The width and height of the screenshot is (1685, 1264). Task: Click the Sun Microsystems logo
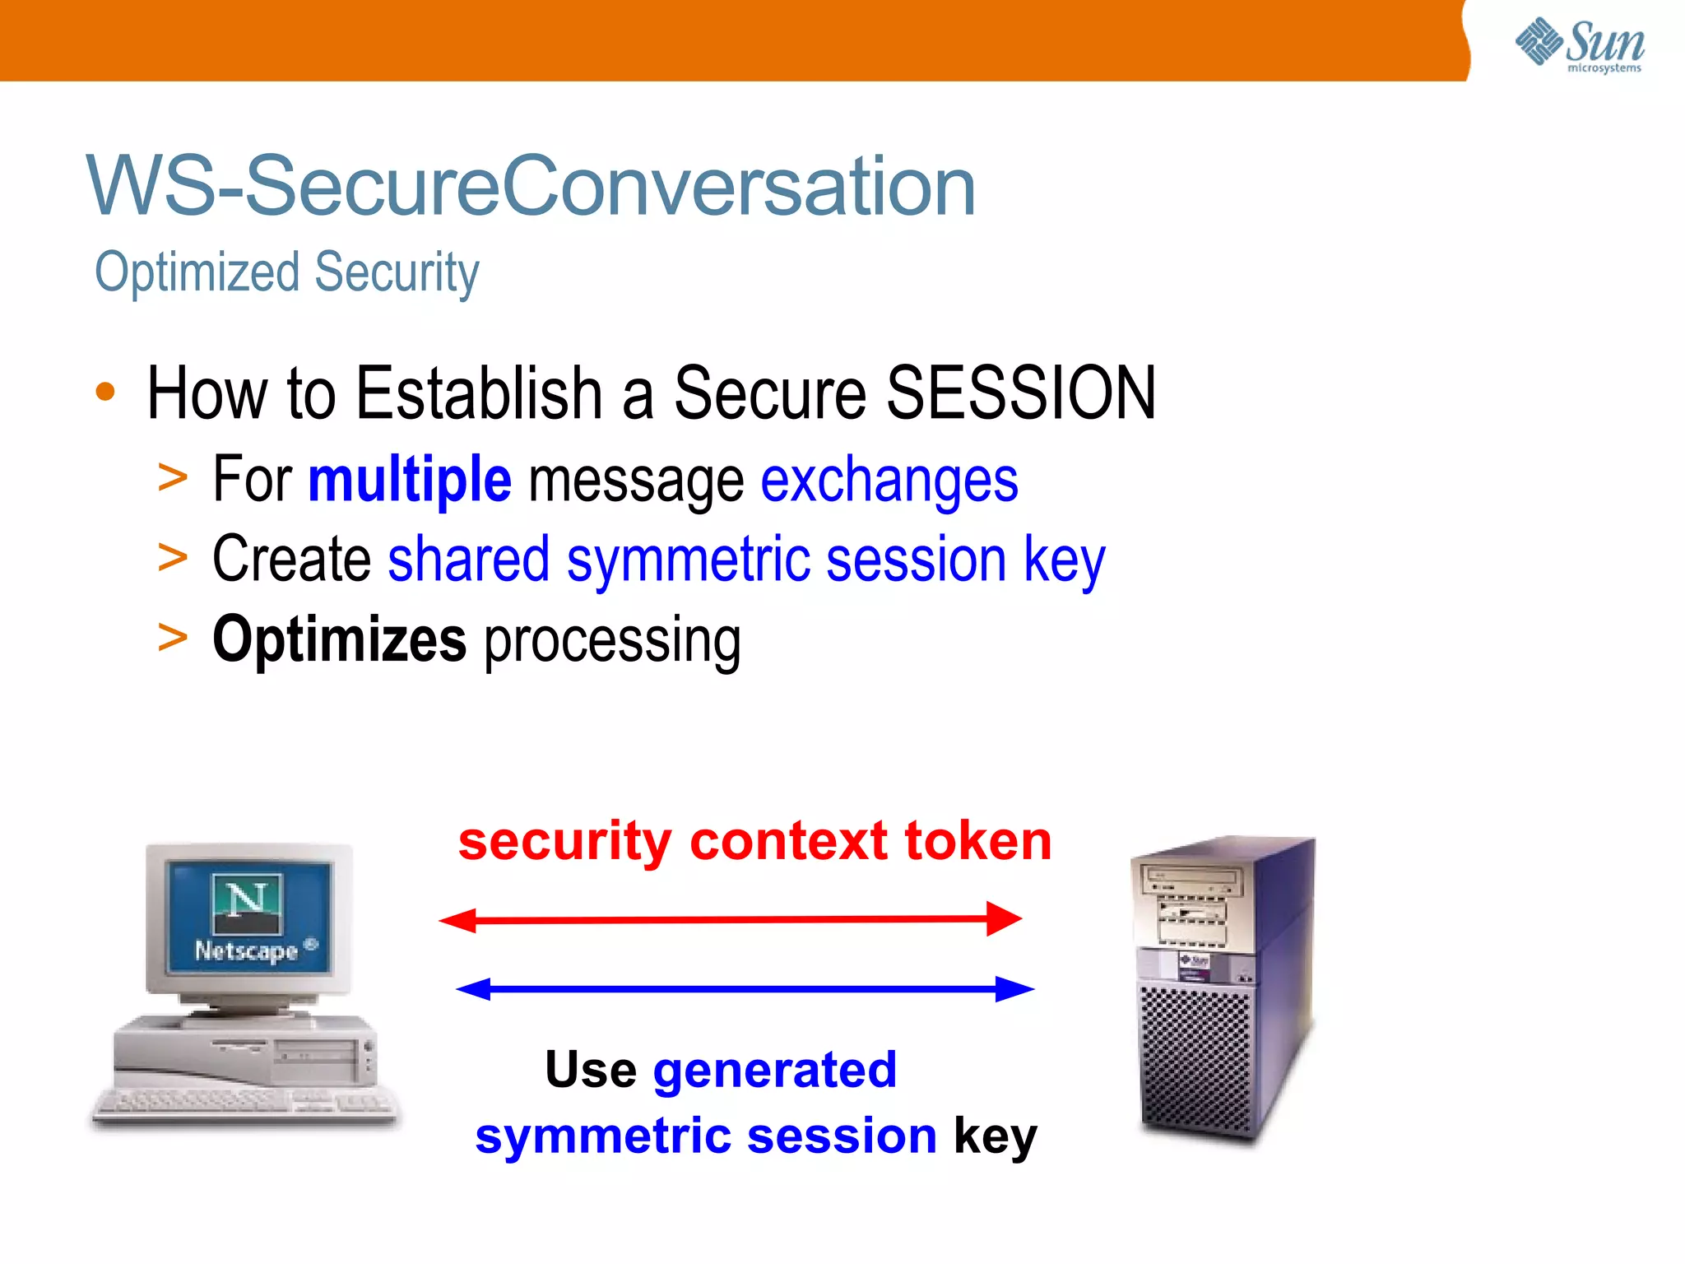[x=1580, y=44]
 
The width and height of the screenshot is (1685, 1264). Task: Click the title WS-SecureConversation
[x=531, y=187]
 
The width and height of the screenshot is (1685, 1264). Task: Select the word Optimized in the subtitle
[x=197, y=272]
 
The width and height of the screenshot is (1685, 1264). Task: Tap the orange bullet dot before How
[x=105, y=392]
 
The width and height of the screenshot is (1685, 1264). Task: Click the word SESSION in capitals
[x=1020, y=393]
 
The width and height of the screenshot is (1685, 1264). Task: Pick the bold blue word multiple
[x=410, y=480]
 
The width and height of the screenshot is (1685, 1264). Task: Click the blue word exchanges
[x=889, y=481]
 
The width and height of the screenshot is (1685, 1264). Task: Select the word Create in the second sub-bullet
[x=291, y=560]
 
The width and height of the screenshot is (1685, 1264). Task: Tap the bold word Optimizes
[x=339, y=639]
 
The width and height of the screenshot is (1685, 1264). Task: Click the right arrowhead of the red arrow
[x=1005, y=918]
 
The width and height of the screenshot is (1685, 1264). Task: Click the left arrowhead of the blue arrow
[x=474, y=988]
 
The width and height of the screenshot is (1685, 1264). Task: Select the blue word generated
[x=774, y=1070]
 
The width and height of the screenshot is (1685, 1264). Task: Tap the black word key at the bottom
[x=995, y=1136]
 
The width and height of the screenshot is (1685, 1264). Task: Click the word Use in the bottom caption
[x=590, y=1070]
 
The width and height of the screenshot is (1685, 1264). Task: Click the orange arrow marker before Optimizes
[x=173, y=639]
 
